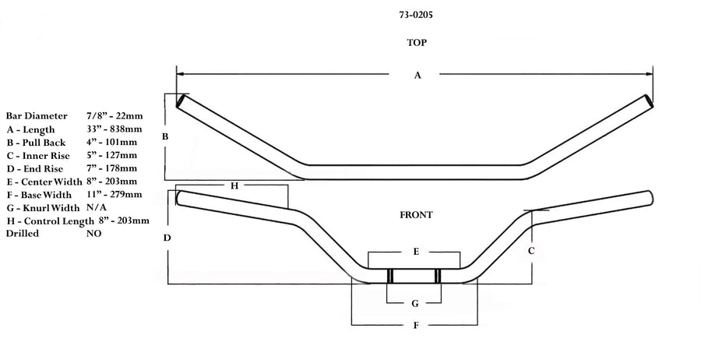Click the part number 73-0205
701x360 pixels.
coord(416,15)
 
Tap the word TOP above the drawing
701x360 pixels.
coord(417,43)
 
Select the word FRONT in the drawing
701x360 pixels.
coord(416,215)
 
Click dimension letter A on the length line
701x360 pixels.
coord(417,75)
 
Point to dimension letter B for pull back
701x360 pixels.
coord(165,136)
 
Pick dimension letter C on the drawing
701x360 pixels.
coord(531,251)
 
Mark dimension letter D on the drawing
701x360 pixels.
coord(167,238)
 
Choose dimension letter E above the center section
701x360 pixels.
coord(416,252)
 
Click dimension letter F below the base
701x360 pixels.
coord(416,325)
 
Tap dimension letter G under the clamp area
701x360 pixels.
coord(415,304)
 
